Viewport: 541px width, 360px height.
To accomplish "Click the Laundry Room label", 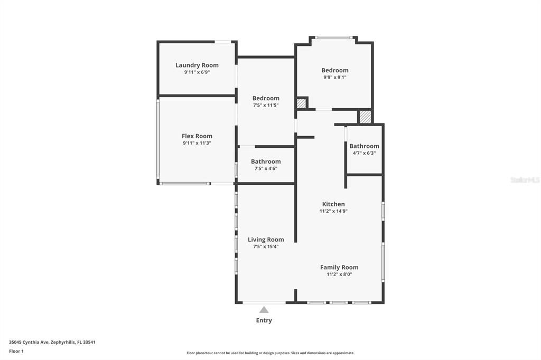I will point(197,65).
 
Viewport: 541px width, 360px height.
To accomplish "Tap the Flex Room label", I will point(197,136).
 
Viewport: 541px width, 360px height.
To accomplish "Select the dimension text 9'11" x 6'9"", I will point(197,72).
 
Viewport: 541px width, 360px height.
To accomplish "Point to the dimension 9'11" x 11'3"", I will point(197,143).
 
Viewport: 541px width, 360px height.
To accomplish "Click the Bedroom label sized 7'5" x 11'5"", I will point(266,98).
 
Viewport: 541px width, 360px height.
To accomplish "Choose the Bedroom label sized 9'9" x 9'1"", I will point(335,70).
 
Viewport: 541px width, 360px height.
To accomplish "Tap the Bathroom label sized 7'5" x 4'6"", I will point(266,162).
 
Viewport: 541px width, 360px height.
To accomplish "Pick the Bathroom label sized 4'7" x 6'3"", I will point(364,146).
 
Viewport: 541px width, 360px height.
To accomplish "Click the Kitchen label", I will point(333,204).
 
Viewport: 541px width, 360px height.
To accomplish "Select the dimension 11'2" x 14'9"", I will point(333,211).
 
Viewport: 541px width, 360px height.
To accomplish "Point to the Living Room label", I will point(266,240).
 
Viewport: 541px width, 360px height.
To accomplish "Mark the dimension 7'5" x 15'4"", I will point(266,247).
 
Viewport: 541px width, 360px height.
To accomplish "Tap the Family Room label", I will point(339,268).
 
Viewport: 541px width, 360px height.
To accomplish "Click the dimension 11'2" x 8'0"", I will point(339,274).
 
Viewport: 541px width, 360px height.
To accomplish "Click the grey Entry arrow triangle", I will point(264,310).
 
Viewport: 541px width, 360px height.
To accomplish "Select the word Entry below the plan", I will point(264,320).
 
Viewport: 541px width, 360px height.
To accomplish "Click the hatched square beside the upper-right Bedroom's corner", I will point(301,103).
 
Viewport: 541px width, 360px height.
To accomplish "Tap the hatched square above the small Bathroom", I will point(365,117).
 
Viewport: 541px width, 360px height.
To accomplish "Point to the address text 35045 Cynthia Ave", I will point(30,342).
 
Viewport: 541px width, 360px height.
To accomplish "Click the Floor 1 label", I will point(16,351).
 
